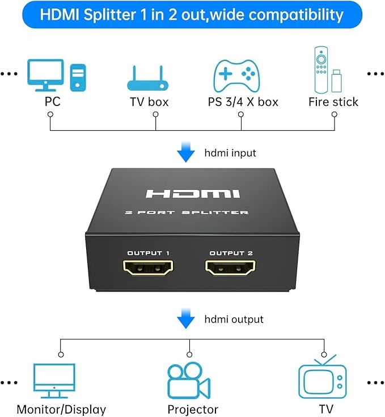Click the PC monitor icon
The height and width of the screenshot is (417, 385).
point(46,74)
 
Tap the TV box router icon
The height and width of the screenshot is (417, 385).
point(149,80)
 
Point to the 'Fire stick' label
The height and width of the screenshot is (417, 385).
point(333,102)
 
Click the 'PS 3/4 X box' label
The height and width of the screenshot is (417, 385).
point(243,102)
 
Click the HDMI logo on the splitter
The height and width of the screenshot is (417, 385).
point(193,194)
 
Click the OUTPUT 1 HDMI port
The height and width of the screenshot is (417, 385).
point(149,268)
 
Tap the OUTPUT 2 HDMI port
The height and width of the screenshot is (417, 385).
point(230,268)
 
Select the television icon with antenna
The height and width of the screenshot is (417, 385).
point(323,377)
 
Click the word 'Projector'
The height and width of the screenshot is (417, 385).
point(193,409)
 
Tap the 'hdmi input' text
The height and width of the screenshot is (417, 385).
point(230,153)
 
